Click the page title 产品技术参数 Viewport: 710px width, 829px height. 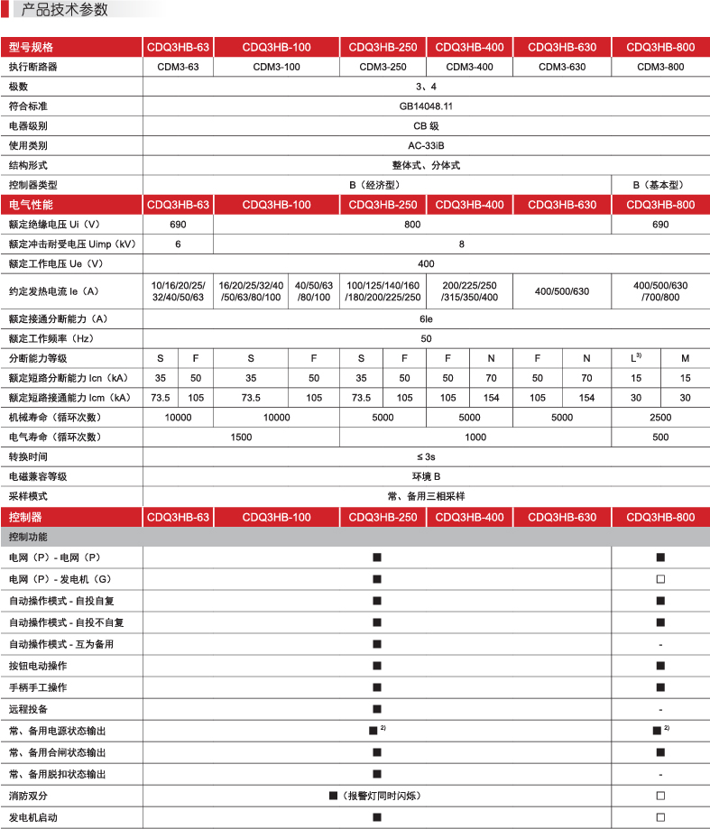click(x=64, y=10)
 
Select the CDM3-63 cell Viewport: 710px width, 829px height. click(x=179, y=67)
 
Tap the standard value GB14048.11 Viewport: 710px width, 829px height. click(x=426, y=106)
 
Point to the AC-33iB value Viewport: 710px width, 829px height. click(x=426, y=145)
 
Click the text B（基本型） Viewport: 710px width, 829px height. click(x=660, y=185)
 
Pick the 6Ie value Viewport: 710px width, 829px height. click(x=426, y=318)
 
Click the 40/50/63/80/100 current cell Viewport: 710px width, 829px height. click(x=314, y=291)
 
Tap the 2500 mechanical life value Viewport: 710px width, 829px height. click(x=660, y=418)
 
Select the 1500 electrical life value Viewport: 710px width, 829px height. click(x=241, y=438)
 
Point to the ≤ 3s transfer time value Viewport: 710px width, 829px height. click(x=426, y=457)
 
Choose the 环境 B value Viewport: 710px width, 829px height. click(x=426, y=476)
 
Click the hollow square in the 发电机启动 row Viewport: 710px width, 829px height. click(x=660, y=817)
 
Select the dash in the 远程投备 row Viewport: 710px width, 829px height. click(x=660, y=709)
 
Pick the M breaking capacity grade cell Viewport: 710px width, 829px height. click(x=685, y=359)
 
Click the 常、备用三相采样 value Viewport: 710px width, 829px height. click(x=426, y=496)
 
